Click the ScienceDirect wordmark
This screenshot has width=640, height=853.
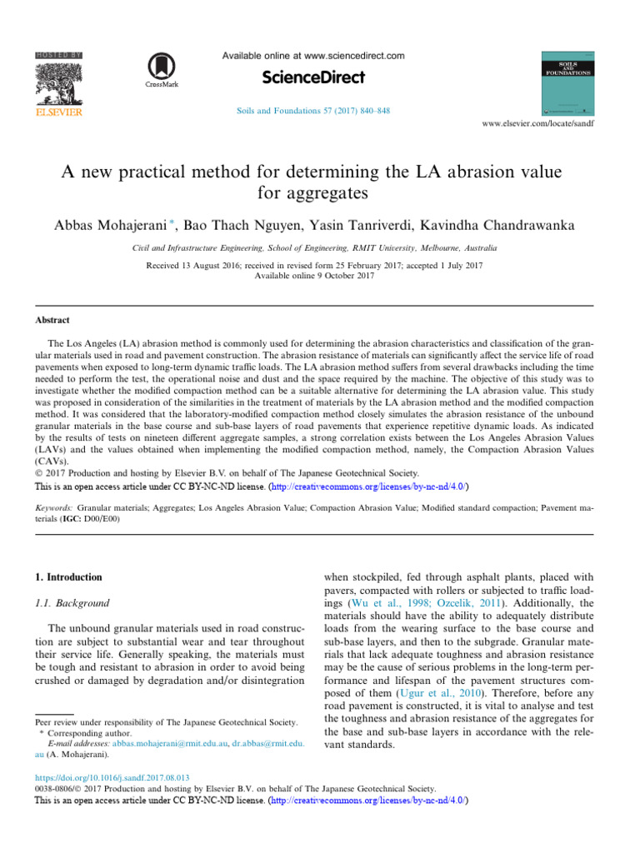[x=313, y=77]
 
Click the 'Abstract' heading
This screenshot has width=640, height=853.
[x=52, y=320]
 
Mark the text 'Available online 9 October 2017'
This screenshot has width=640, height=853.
[x=320, y=275]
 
